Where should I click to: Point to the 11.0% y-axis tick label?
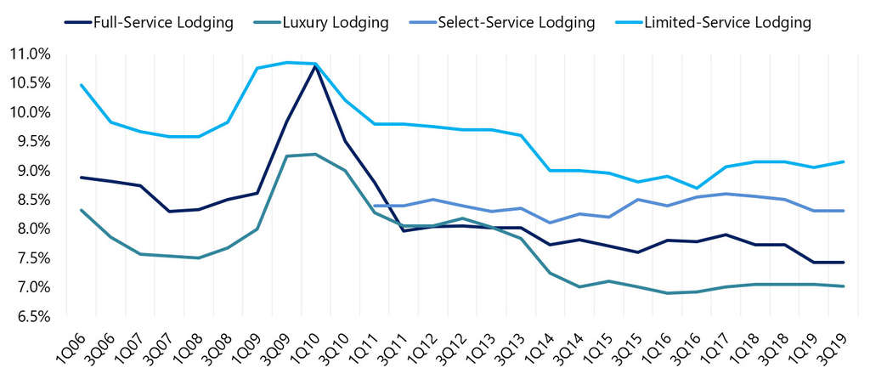[29, 54]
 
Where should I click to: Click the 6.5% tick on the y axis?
[31, 317]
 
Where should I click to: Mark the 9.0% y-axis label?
[31, 171]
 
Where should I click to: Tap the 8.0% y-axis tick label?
[31, 229]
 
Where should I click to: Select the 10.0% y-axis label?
[29, 113]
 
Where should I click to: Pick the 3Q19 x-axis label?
[832, 349]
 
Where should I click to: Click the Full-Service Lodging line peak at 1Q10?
[316, 65]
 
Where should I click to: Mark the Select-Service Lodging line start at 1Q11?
[375, 206]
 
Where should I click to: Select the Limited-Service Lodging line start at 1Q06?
[82, 85]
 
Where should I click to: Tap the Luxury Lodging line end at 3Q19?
[843, 286]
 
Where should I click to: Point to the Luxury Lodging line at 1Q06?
[82, 210]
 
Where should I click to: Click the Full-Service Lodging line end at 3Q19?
[843, 262]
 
